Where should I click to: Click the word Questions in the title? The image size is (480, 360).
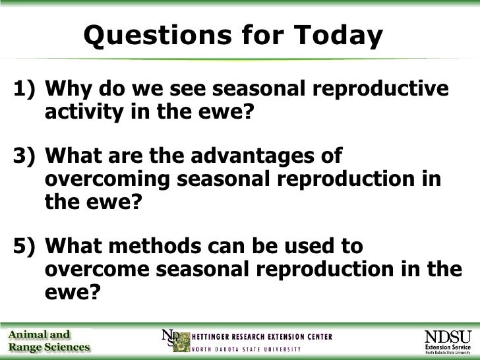[158, 36]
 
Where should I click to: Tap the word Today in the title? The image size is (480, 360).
[338, 36]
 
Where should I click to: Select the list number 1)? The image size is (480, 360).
[24, 89]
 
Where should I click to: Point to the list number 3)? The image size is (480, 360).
[24, 156]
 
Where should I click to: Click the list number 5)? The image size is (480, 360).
[24, 247]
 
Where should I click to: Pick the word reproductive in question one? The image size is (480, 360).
[380, 89]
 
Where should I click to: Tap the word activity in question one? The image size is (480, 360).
[84, 112]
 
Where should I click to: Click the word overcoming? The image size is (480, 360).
[107, 180]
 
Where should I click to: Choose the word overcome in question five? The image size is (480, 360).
[98, 270]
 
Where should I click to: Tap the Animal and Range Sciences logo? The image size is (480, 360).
[49, 341]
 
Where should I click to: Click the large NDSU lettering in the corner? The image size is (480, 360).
[448, 337]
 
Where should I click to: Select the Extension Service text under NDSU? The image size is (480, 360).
[448, 347]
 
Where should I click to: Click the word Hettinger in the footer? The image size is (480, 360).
[210, 337]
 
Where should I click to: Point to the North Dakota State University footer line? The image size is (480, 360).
[247, 349]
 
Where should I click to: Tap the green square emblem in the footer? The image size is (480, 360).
[181, 342]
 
